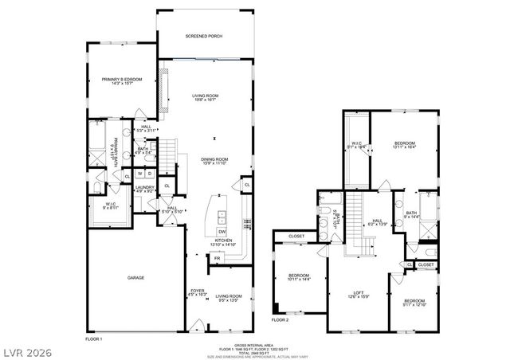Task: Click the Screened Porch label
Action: (204, 37)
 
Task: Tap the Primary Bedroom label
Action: (121, 79)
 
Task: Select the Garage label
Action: (136, 279)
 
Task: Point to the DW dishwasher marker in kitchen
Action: (222, 231)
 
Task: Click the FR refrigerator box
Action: (216, 258)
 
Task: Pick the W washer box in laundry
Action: (139, 174)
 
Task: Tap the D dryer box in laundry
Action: (149, 174)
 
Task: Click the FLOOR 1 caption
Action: (94, 339)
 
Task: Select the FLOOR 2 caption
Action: (279, 319)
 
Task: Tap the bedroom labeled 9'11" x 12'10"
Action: (414, 303)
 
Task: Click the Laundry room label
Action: (144, 188)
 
